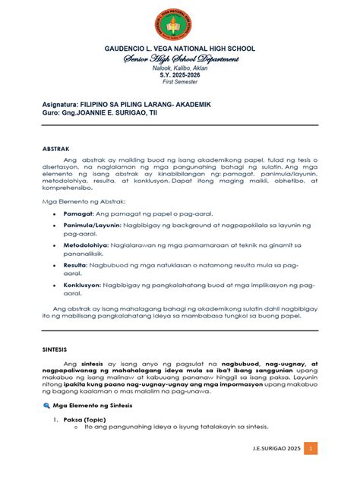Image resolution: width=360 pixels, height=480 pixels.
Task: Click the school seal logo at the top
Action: (x=180, y=24)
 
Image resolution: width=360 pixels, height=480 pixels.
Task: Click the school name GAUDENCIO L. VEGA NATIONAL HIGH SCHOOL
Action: (x=180, y=49)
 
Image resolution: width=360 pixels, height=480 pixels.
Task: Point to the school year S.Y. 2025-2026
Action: (x=180, y=75)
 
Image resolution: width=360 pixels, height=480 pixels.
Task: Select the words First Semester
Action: (x=180, y=82)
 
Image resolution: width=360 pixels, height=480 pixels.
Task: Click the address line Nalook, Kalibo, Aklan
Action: (x=180, y=68)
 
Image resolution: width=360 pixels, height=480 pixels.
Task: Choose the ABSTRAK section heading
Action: (x=55, y=150)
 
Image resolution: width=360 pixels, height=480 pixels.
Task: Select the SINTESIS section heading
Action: (x=55, y=351)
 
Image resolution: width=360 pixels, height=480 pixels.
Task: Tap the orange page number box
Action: (x=310, y=449)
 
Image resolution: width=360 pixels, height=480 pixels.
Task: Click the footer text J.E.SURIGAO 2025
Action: (x=274, y=449)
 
